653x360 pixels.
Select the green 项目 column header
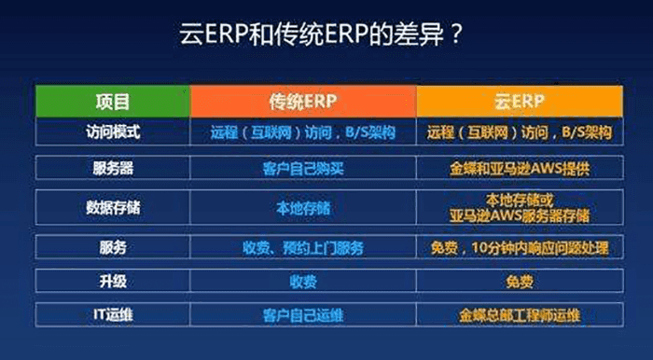coord(113,100)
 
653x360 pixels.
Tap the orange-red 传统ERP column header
coord(303,100)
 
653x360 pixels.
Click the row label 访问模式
coord(113,132)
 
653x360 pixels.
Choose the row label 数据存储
coord(113,207)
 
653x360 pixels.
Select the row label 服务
coord(113,248)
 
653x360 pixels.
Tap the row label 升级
coord(113,281)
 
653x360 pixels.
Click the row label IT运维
coord(113,314)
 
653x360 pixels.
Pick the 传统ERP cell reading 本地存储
coord(303,207)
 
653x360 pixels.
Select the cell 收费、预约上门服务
coord(303,248)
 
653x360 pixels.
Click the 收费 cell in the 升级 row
coord(303,281)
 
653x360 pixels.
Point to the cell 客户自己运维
coord(303,314)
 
